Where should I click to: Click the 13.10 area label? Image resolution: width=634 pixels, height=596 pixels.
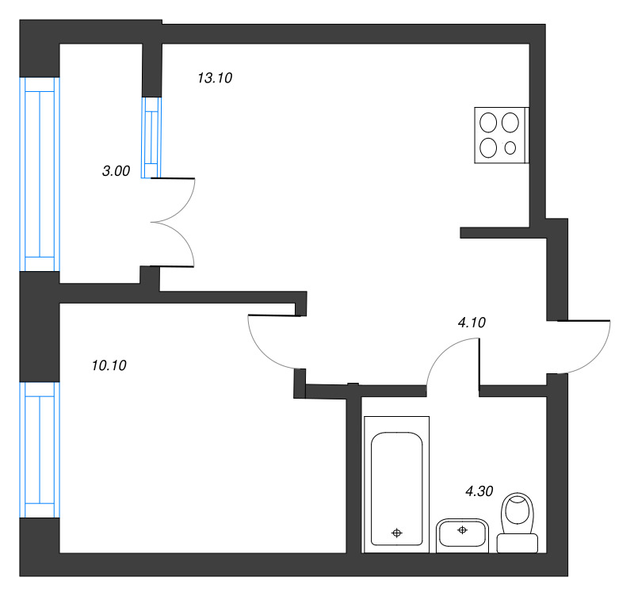[x=214, y=78]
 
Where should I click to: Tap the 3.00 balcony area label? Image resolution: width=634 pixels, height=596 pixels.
[x=116, y=170]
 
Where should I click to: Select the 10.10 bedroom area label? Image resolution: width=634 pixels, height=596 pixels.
[x=109, y=365]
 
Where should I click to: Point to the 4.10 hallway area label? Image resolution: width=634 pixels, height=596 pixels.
[x=472, y=323]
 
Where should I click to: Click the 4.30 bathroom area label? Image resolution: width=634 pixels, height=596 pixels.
[x=479, y=491]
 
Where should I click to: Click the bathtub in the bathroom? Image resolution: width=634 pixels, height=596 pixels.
[x=396, y=483]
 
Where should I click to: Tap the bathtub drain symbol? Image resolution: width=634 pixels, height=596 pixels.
[x=397, y=533]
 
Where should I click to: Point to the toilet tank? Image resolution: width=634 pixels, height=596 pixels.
[x=517, y=544]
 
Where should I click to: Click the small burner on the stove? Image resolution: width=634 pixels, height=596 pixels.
[x=510, y=147]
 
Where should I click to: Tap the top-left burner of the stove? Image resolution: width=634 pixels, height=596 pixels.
[x=489, y=122]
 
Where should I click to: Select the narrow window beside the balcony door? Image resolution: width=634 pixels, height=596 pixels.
[x=151, y=137]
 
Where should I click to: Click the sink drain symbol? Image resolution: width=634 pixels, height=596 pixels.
[x=462, y=530]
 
